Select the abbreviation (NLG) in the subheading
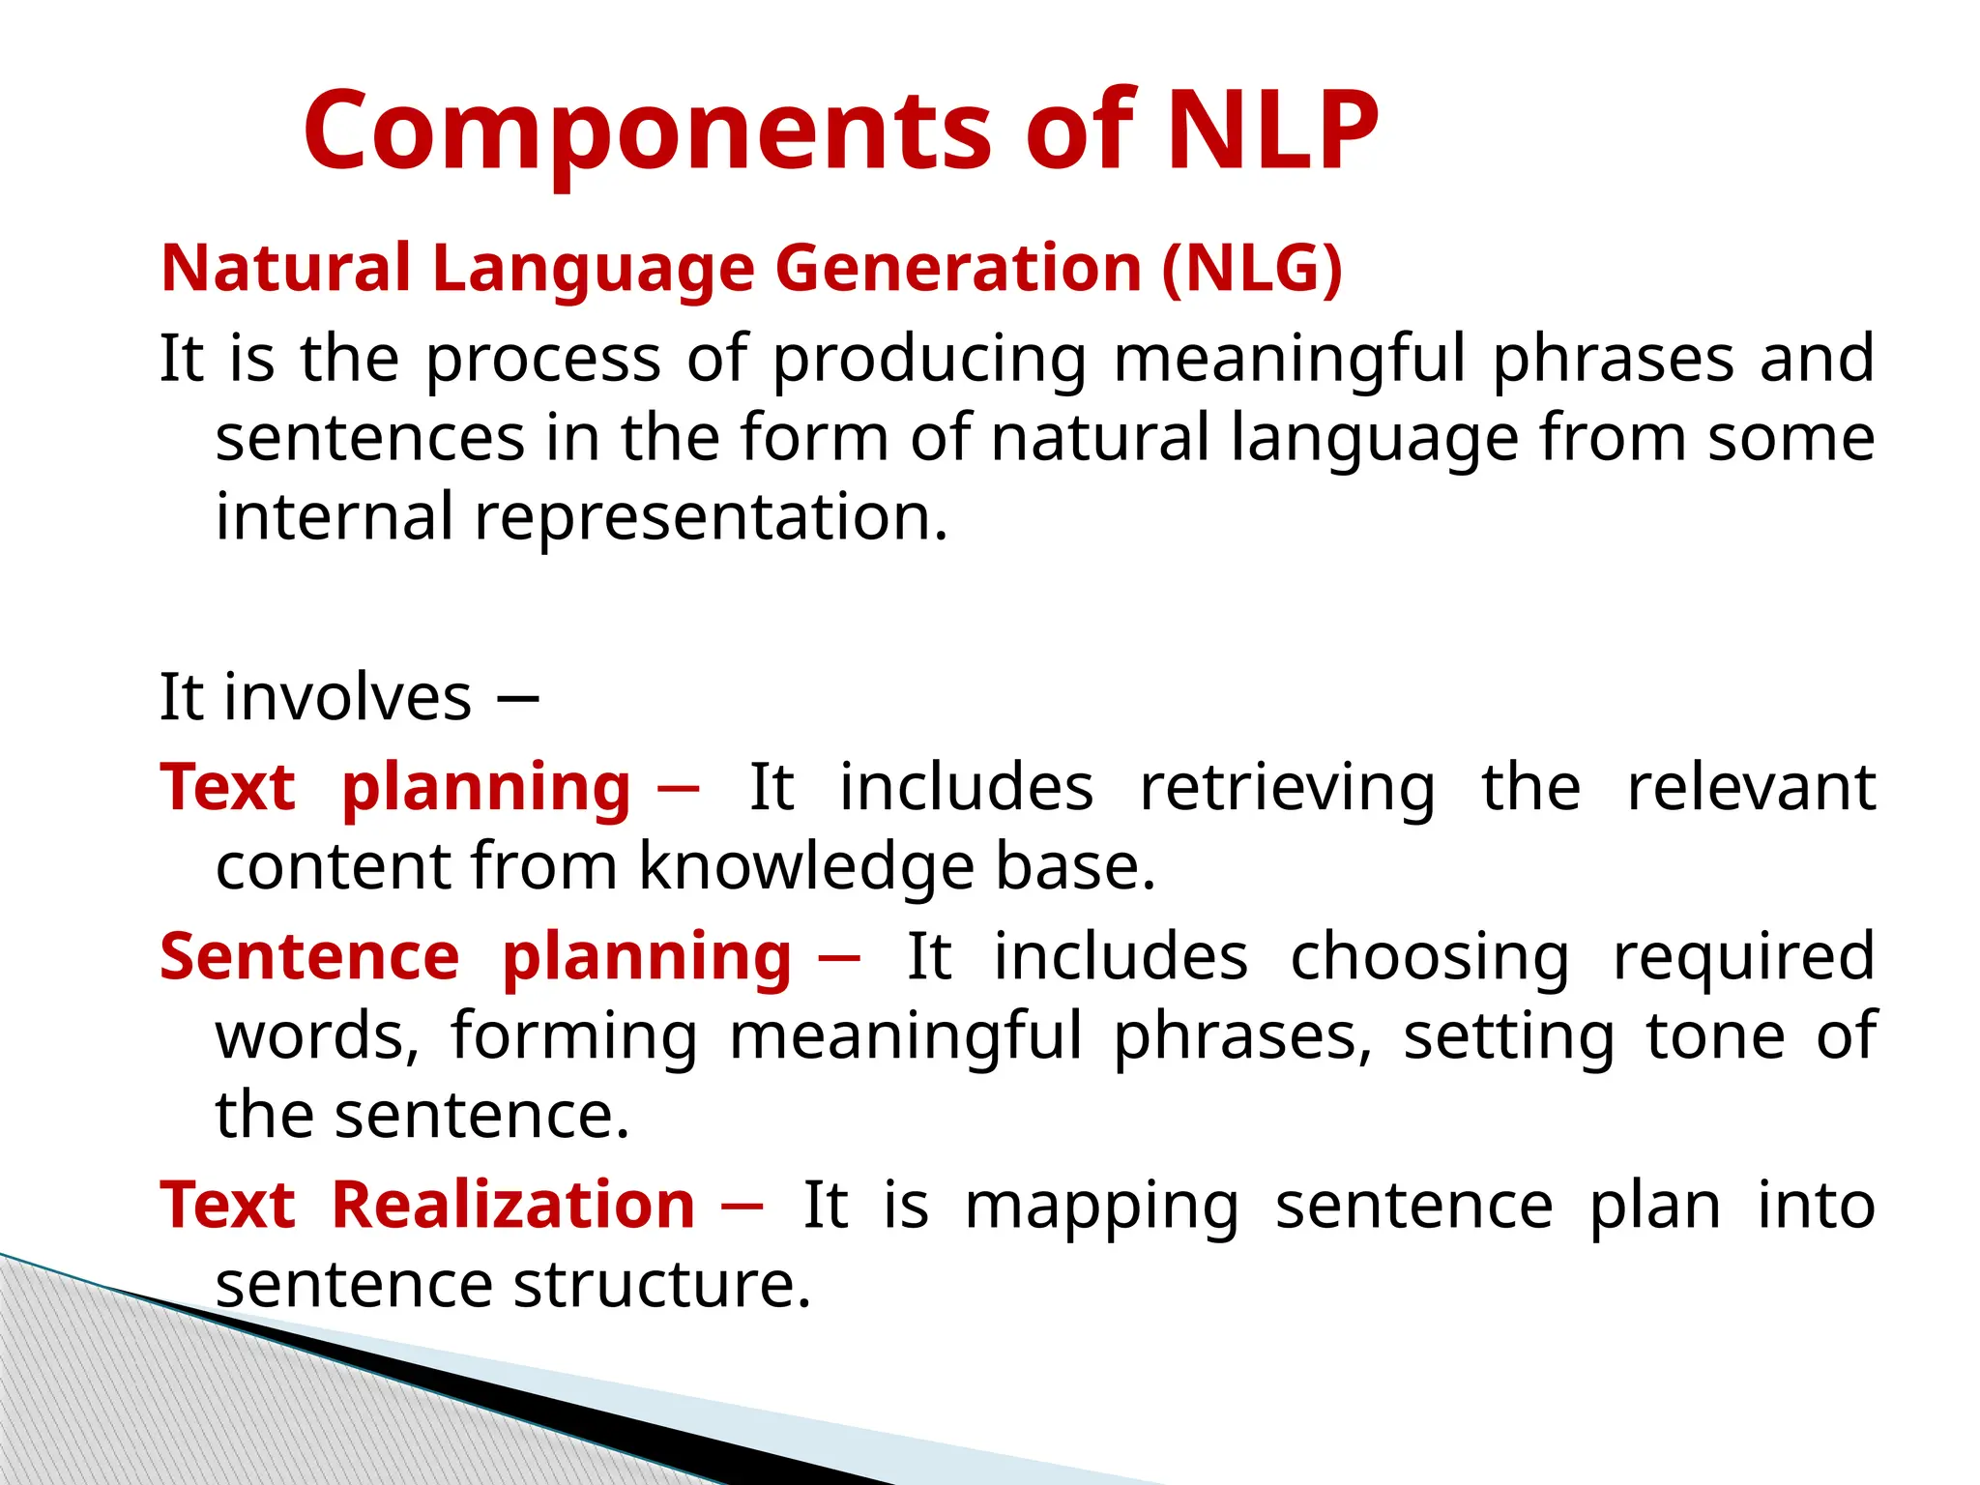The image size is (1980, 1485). tap(1252, 268)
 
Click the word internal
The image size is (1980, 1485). tap(334, 516)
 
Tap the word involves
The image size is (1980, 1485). tap(348, 697)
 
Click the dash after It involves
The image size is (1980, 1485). tap(517, 698)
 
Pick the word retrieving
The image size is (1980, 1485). tap(1288, 788)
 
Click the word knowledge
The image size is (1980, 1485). tap(805, 866)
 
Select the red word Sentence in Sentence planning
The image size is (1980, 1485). tap(309, 957)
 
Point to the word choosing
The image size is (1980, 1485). tap(1430, 957)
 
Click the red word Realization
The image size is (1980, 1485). tap(513, 1206)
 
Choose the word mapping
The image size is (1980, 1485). tap(1102, 1208)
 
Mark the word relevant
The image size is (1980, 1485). tap(1751, 788)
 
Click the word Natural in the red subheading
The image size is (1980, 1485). tap(286, 268)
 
